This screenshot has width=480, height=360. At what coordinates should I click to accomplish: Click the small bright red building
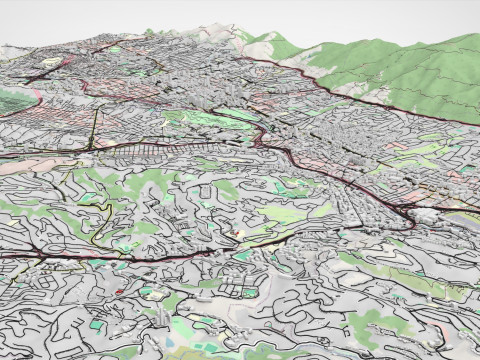[x=120, y=292]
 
